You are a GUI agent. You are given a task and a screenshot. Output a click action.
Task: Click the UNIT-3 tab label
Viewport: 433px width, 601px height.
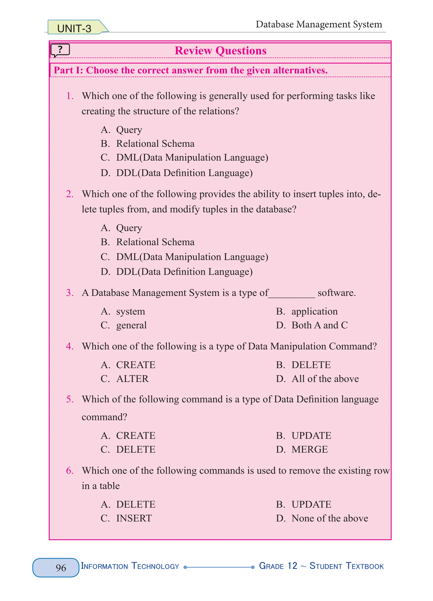(74, 28)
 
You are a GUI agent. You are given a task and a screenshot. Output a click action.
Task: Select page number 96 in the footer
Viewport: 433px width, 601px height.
(61, 567)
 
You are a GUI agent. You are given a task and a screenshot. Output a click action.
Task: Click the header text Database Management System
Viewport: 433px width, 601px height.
(319, 24)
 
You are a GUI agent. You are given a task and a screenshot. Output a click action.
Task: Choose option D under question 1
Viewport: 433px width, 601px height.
(184, 173)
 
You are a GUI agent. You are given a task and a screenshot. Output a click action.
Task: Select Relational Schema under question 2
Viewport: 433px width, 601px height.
(155, 242)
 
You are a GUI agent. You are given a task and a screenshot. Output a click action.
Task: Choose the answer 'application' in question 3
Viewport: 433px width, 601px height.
(314, 311)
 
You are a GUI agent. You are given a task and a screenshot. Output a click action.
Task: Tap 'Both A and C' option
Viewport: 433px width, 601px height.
(319, 325)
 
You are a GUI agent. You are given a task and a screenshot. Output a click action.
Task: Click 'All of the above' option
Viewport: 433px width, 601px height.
(325, 379)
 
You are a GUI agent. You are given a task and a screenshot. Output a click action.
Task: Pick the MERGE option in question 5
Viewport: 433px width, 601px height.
(310, 449)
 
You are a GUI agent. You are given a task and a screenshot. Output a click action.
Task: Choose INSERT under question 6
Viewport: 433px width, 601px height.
(134, 518)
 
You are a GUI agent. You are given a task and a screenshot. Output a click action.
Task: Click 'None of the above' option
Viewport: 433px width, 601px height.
(329, 518)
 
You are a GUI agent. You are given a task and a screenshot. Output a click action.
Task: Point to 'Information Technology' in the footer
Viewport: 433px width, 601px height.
(130, 566)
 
